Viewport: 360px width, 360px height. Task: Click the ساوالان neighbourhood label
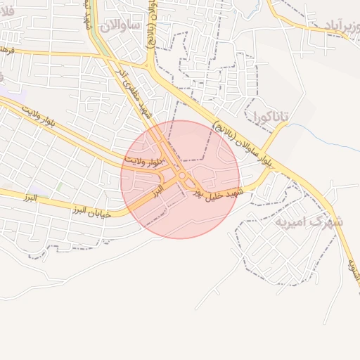coord(121,26)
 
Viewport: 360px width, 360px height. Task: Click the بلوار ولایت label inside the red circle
coord(143,161)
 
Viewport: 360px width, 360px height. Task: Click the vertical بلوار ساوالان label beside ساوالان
coord(153,25)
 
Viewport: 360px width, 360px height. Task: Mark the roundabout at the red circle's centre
coord(182,176)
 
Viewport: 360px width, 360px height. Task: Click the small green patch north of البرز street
coord(59,187)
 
